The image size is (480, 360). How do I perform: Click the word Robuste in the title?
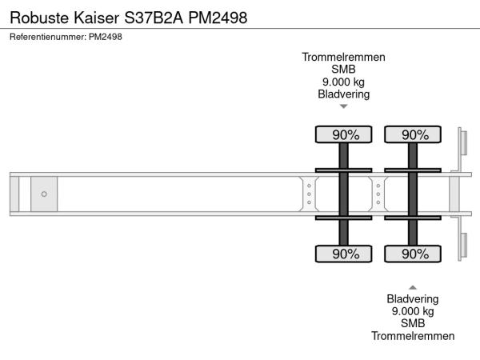point(39,18)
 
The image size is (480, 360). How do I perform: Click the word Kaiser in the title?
point(96,18)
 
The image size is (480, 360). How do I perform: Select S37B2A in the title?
point(154,18)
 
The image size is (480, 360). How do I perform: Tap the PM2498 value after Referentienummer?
point(106,37)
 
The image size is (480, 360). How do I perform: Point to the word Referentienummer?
point(48,37)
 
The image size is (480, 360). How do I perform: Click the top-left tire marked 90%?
point(343,134)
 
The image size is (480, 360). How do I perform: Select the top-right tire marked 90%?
point(413,134)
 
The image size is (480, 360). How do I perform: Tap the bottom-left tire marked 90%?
point(343,254)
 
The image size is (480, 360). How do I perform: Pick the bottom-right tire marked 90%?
point(413,254)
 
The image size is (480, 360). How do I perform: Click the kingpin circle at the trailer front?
point(44,194)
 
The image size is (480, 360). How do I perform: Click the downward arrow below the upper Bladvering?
point(344,106)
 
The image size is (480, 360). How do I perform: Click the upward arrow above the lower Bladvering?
point(413,287)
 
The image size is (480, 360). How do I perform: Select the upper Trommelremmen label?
point(343,58)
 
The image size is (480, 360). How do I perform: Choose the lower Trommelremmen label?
point(413,336)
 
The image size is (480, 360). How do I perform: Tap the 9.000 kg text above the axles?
point(343,82)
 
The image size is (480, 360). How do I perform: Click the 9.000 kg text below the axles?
point(413,311)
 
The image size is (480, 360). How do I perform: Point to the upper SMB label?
point(343,69)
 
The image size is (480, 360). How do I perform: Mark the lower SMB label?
point(413,323)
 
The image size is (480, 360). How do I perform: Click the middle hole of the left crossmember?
point(309,194)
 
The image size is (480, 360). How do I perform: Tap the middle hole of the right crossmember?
point(378,194)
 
